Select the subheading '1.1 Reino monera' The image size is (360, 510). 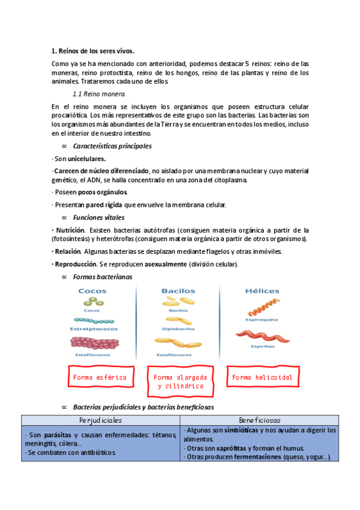[99, 94]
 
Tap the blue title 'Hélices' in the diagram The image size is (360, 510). [262, 291]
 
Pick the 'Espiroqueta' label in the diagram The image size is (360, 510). [262, 320]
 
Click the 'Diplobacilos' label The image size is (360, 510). [178, 329]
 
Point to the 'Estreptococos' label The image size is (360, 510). [94, 329]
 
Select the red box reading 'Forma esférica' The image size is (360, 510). [99, 378]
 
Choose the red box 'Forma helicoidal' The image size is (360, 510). [262, 378]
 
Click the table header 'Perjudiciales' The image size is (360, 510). [100, 420]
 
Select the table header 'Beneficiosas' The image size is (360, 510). [260, 420]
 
